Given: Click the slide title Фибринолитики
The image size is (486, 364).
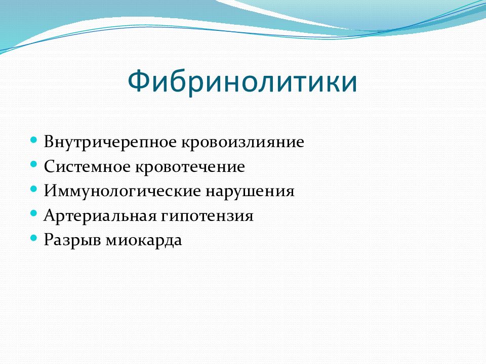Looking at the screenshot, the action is coord(242,81).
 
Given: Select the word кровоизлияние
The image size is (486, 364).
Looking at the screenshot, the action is coord(242,143).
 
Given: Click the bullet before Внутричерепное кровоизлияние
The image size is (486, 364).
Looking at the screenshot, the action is coord(34,140).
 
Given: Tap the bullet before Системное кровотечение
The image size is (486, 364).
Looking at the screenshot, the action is coord(34,164).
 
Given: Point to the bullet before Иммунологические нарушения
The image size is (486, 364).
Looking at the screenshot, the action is coord(34,189).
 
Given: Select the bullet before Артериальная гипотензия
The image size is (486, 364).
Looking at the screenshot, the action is coord(34,213).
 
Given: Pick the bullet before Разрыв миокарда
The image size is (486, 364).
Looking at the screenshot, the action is coord(34,238).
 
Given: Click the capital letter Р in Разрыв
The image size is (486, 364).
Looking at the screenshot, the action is coord(49,240).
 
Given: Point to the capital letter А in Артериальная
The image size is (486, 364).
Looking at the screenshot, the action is coord(50,215).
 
